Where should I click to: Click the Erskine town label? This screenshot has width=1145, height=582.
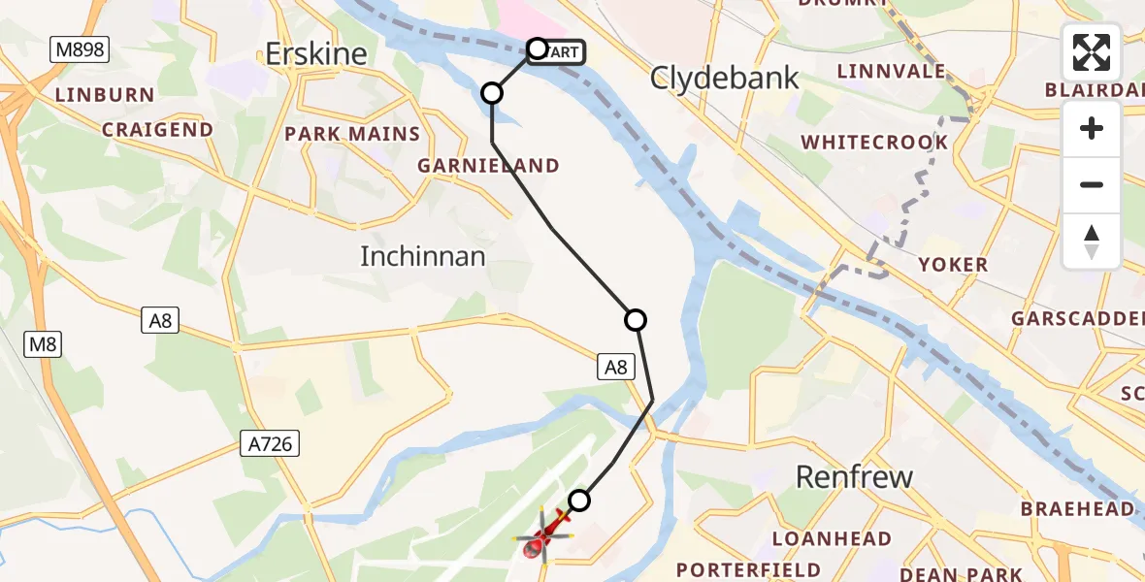point(316,54)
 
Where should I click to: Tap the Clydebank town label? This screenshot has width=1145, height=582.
point(725,78)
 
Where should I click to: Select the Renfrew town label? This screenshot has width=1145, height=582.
point(854,476)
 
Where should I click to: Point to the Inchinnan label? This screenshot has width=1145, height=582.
point(422,256)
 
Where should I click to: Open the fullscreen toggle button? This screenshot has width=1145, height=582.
point(1092,52)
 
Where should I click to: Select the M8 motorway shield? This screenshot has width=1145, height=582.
point(43,342)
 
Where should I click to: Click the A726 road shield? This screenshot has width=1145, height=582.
point(271,444)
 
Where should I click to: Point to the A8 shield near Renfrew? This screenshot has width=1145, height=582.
point(617,367)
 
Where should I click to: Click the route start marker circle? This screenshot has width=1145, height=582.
point(538,48)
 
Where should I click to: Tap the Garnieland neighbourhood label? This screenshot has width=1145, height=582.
point(488,166)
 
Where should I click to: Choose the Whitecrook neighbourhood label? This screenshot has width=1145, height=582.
point(874,143)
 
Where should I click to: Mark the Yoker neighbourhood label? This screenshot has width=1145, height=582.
point(954,264)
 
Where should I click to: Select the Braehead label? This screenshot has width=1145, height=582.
point(1076,508)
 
